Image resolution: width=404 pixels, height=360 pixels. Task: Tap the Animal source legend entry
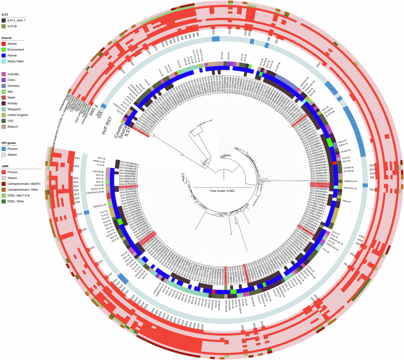click(12, 44)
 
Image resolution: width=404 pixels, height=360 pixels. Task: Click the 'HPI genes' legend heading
click(11, 144)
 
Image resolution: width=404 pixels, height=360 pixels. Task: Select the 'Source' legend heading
click(9, 37)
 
